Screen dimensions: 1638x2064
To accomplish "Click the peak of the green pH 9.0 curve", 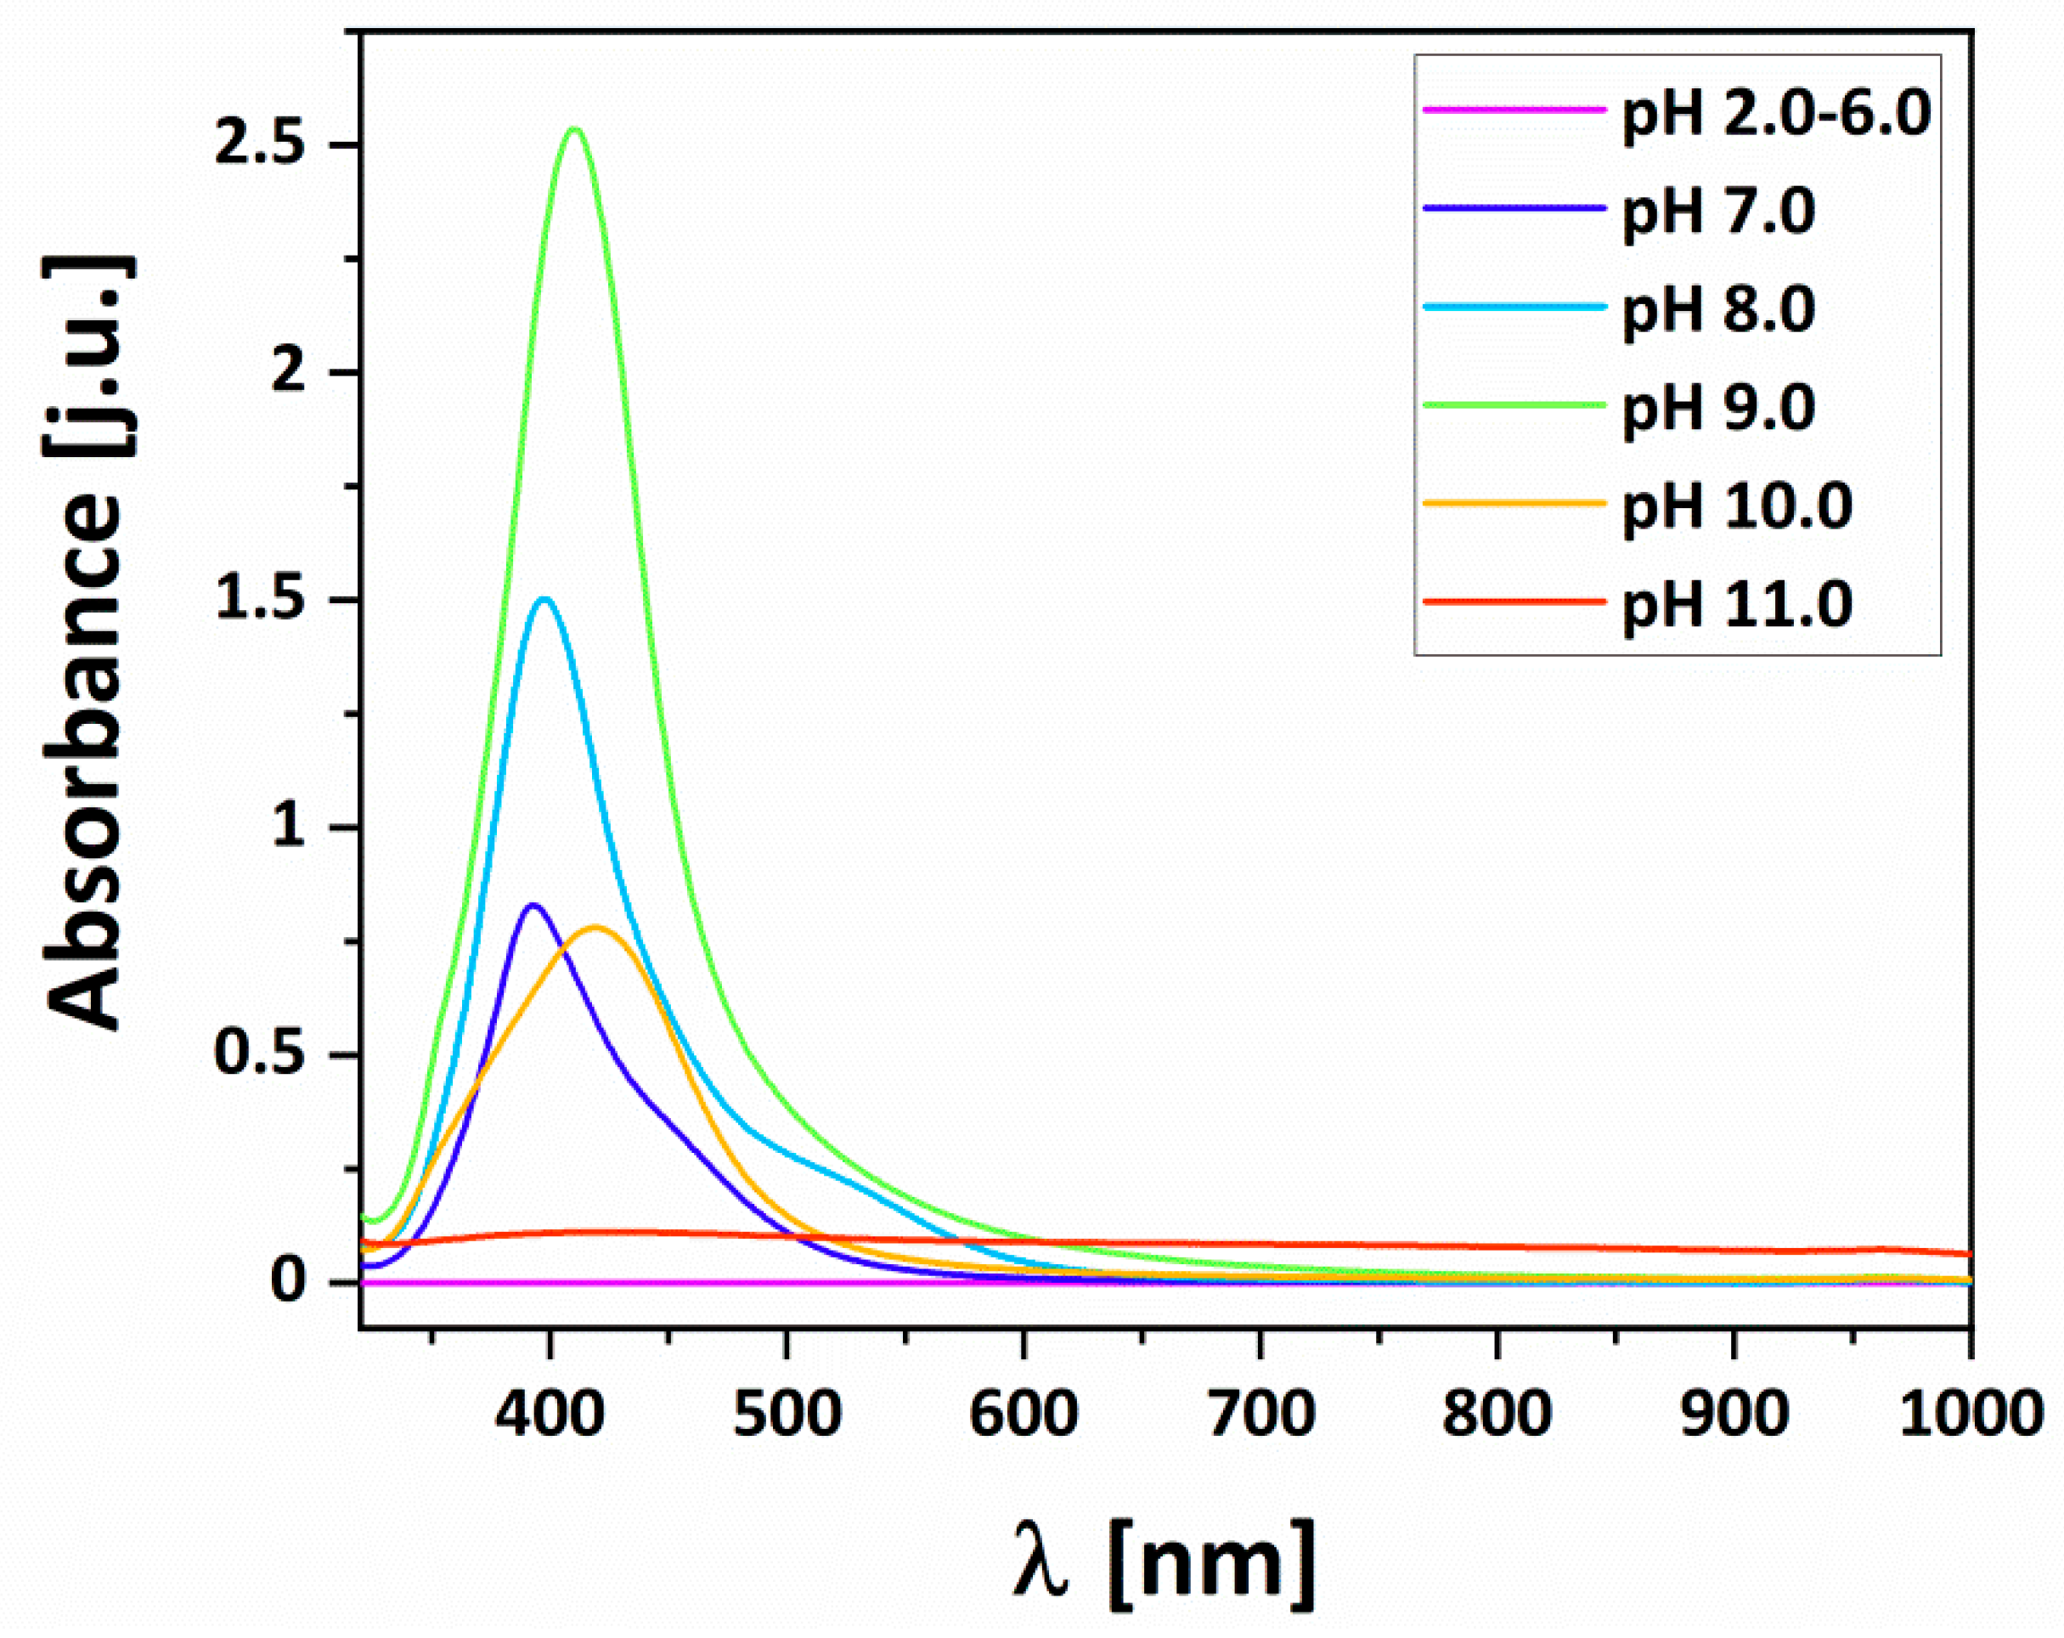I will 574,129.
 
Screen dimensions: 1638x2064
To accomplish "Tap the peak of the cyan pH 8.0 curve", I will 544,599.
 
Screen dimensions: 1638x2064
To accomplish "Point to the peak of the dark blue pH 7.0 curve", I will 533,905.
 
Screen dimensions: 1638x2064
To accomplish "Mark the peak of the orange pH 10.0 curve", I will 595,927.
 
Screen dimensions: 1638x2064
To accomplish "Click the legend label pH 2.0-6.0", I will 1776,114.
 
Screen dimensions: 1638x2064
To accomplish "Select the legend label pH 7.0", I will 1717,212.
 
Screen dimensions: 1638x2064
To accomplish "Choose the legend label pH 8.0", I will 1717,309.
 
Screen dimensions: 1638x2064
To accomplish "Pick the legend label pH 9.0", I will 1717,408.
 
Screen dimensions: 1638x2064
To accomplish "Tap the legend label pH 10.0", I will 1737,506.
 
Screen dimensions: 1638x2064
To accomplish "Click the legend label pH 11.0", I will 1737,603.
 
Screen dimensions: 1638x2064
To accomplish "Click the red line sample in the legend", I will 1513,602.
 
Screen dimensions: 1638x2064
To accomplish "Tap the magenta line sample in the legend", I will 1513,110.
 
